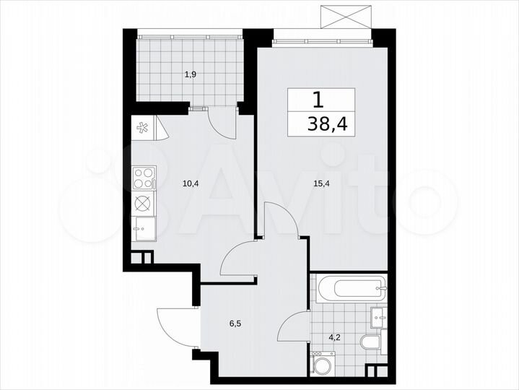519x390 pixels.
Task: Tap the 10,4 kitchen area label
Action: coord(191,183)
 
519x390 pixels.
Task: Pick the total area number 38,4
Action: coord(327,124)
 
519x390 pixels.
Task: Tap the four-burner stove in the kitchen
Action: coord(143,175)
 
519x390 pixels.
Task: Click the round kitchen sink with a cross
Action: coord(143,203)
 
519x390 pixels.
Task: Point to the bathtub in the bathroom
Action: coord(350,292)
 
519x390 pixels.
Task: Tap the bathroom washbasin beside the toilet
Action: coord(378,316)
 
